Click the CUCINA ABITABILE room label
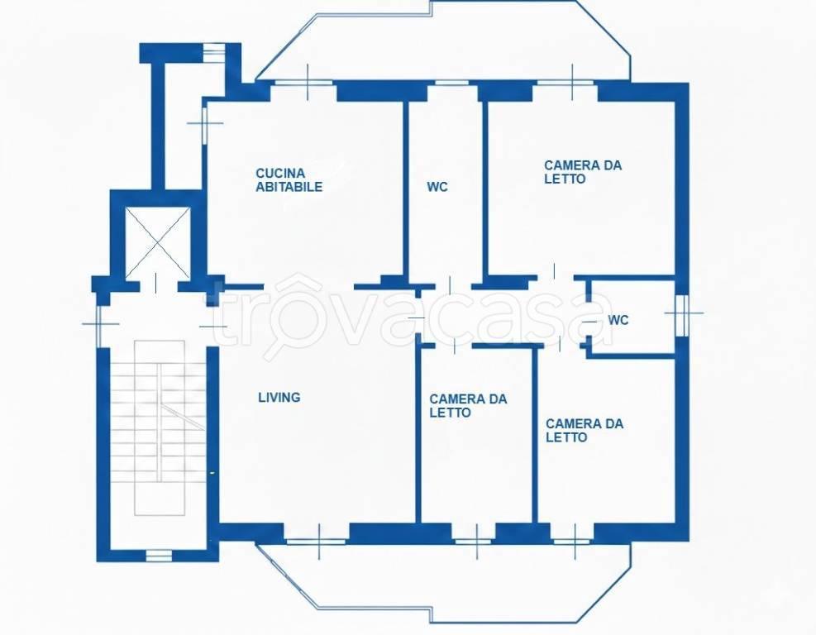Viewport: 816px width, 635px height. pyautogui.click(x=289, y=180)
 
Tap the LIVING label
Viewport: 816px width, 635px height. pyautogui.click(x=279, y=398)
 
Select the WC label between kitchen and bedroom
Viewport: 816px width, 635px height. pyautogui.click(x=437, y=187)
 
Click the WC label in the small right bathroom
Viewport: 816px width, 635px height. pyautogui.click(x=618, y=320)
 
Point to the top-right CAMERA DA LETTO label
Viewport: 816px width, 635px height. pyautogui.click(x=583, y=172)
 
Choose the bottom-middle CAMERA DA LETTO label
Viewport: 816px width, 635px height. pyautogui.click(x=468, y=406)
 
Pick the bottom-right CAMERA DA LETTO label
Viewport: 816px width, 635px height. pyautogui.click(x=585, y=431)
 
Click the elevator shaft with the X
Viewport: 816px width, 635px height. pyautogui.click(x=158, y=242)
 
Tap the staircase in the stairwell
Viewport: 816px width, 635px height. pyautogui.click(x=160, y=427)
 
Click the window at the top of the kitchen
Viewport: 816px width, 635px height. pyautogui.click(x=303, y=82)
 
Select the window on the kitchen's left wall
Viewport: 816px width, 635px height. pyautogui.click(x=205, y=124)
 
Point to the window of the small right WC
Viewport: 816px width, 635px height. pyautogui.click(x=682, y=314)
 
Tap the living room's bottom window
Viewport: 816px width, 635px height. pyautogui.click(x=317, y=542)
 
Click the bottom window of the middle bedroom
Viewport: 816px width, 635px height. pyautogui.click(x=473, y=542)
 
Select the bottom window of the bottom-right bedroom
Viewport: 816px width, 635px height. pyautogui.click(x=572, y=542)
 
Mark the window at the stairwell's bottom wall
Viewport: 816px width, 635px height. pyautogui.click(x=159, y=556)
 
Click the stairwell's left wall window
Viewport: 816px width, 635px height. pyautogui.click(x=99, y=325)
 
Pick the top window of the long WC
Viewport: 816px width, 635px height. pyautogui.click(x=451, y=82)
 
